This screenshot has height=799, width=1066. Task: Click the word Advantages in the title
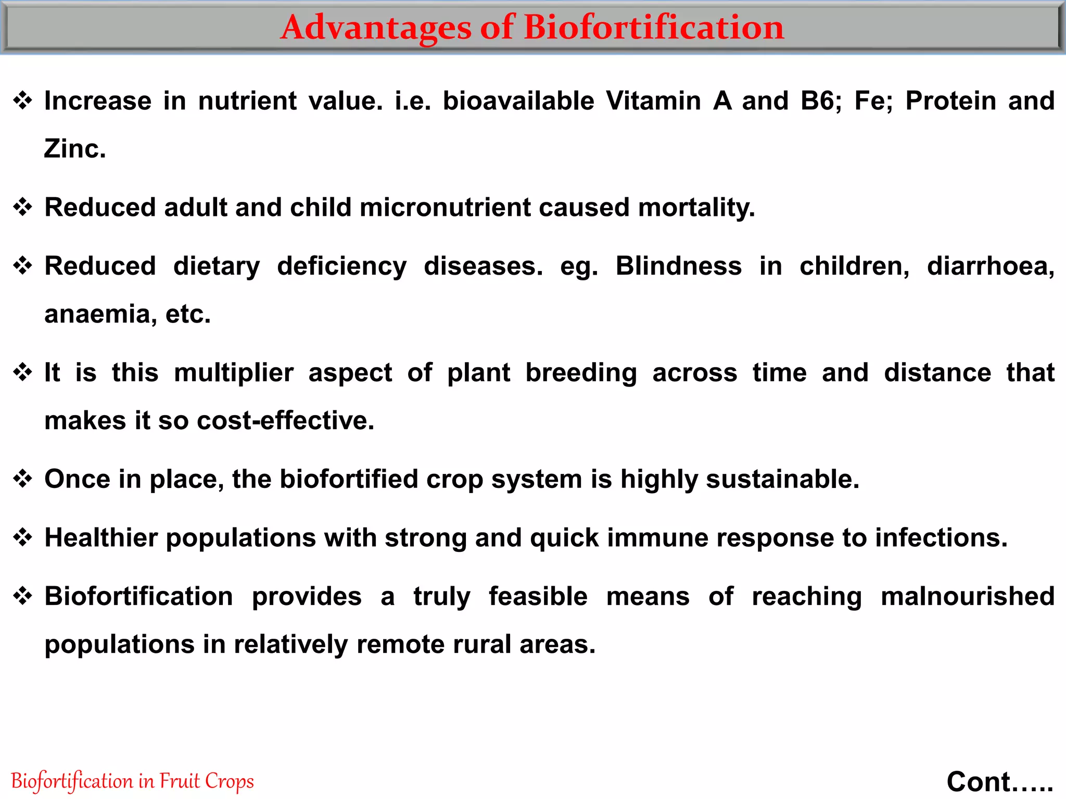pos(376,28)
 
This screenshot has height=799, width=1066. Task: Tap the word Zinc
pos(75,149)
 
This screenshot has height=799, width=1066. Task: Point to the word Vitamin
pos(653,101)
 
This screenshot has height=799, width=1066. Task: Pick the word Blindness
pos(679,266)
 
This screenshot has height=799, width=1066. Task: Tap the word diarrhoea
pos(991,266)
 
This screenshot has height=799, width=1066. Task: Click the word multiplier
pos(234,373)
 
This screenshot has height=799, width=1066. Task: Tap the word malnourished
pos(968,597)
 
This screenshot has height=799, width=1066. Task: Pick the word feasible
pos(538,597)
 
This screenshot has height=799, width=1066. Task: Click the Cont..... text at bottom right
pos(1000,781)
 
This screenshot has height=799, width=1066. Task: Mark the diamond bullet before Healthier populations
pos(23,537)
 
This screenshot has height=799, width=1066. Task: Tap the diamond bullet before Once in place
pos(23,479)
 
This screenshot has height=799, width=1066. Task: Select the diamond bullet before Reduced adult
pos(23,208)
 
